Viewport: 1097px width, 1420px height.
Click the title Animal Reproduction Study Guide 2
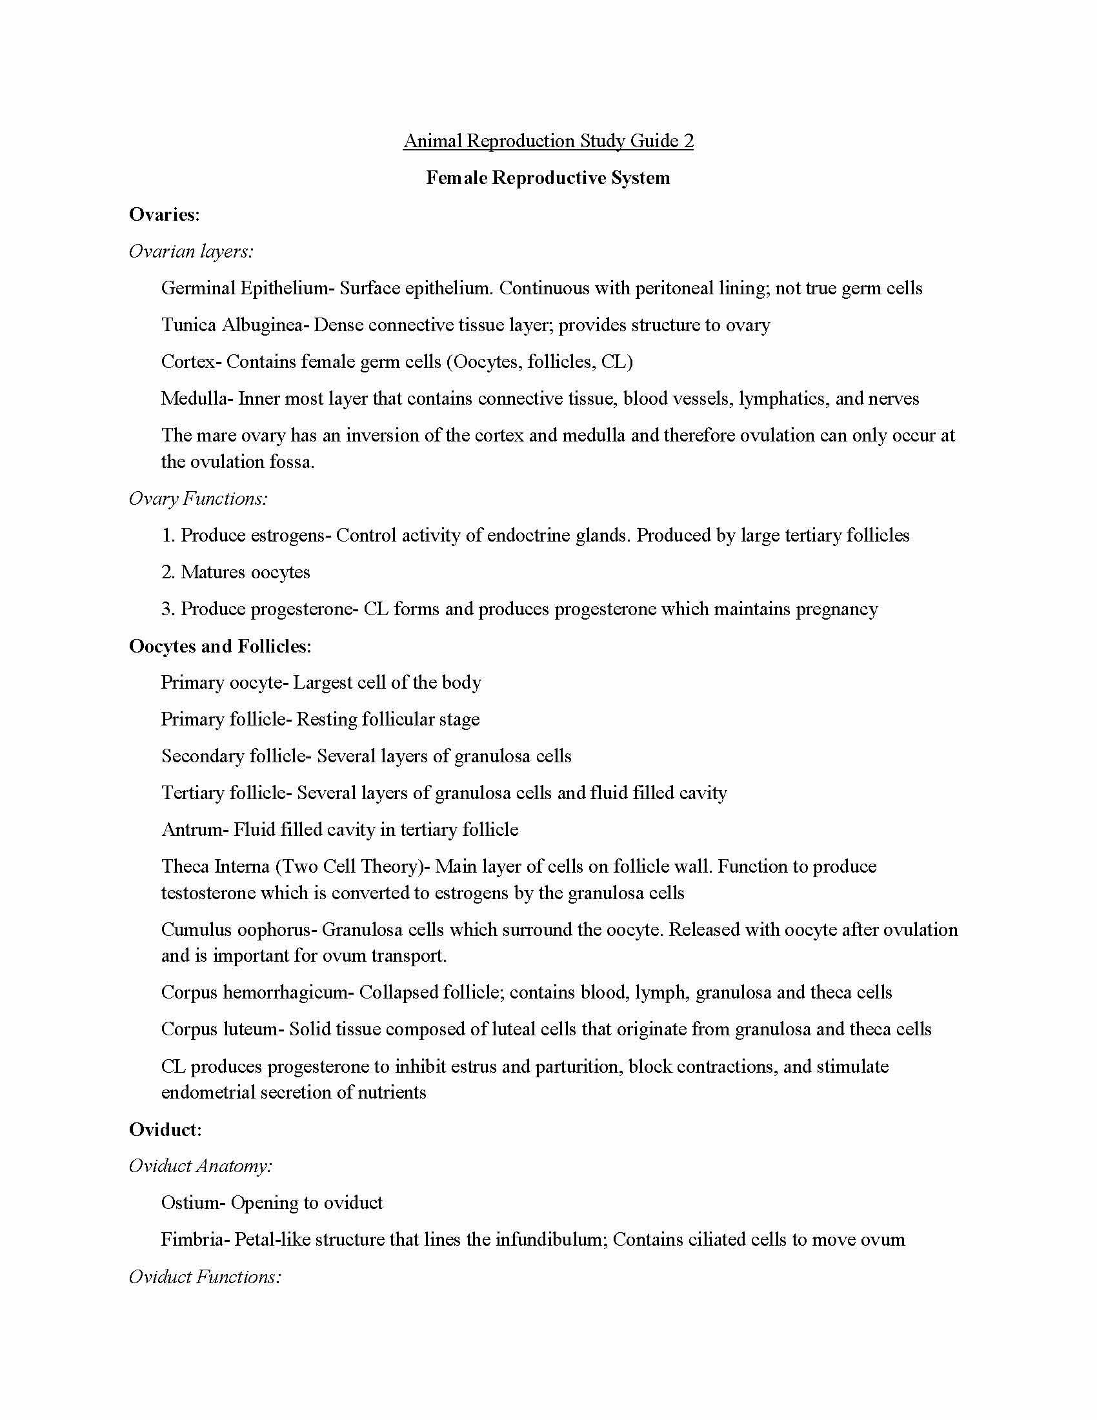548,141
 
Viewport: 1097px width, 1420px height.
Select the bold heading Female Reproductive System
548,178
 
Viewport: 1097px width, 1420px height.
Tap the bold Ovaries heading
164,214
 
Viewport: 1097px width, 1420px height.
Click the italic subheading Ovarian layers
191,252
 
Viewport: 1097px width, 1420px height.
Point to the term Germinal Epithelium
245,288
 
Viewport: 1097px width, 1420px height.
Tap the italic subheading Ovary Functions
198,499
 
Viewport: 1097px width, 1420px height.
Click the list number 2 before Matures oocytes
167,572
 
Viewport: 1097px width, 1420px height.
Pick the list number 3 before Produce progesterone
167,609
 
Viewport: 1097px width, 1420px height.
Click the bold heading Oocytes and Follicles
220,646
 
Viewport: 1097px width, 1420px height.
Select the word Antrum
192,829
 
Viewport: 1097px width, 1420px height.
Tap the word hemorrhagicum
286,993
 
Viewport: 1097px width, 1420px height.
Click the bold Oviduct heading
165,1130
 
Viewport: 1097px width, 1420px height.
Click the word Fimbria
192,1240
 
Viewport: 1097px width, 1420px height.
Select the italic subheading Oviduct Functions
205,1277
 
